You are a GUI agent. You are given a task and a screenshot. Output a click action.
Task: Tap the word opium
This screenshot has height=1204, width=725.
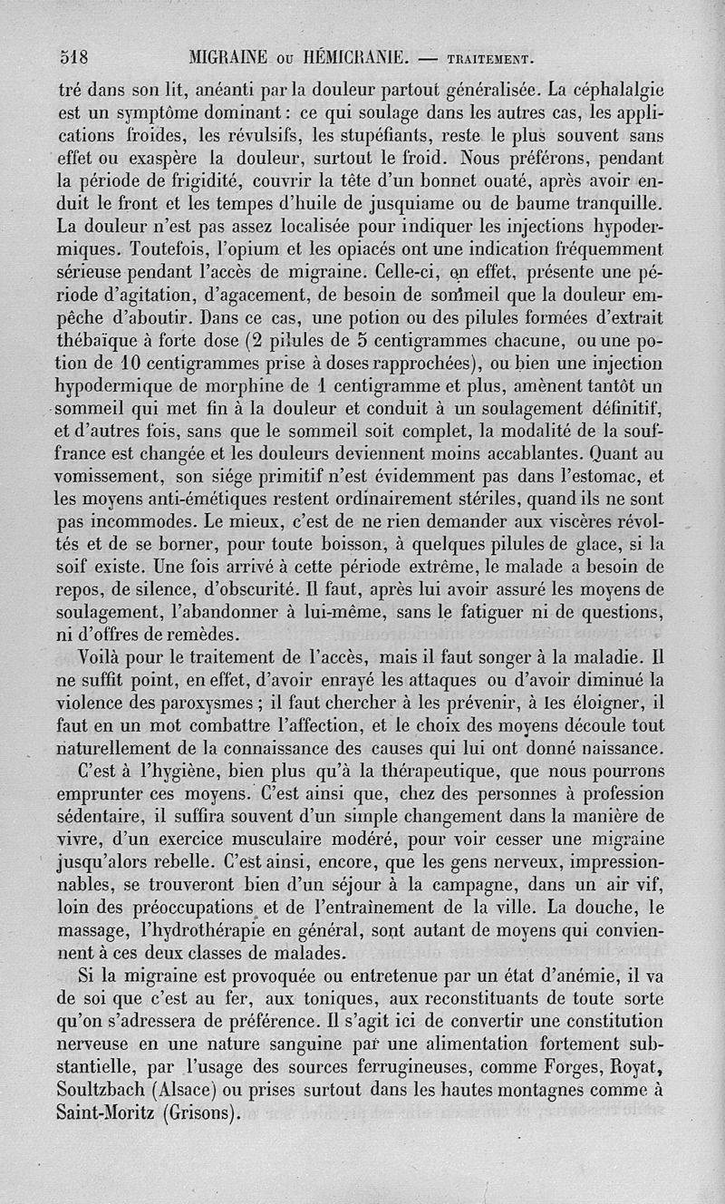point(222,247)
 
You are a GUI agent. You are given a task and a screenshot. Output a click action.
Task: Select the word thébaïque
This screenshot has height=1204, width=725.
point(99,341)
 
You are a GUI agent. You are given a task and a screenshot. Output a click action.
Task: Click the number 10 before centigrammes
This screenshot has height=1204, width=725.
point(123,363)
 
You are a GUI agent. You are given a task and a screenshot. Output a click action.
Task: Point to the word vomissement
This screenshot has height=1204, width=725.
point(107,474)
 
